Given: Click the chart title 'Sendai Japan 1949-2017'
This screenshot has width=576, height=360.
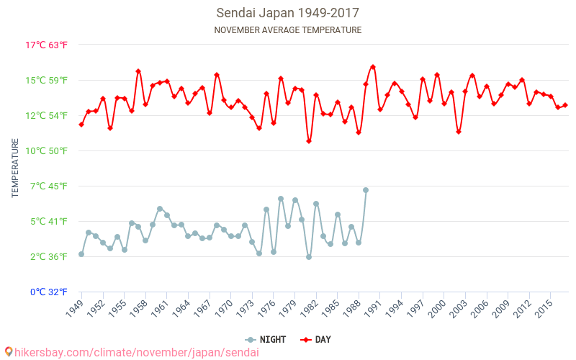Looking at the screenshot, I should [287, 13].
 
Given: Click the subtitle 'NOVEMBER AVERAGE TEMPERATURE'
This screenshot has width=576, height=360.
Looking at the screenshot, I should [287, 30].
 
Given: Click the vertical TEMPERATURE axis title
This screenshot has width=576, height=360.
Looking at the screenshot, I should [15, 168].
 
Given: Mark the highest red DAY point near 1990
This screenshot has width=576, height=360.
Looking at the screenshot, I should [373, 67].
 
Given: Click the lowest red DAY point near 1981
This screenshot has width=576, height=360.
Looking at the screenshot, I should [309, 141].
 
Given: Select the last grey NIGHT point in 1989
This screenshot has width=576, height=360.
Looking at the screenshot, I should [366, 190].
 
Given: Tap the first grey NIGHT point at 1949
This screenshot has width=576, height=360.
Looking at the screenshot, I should [81, 254].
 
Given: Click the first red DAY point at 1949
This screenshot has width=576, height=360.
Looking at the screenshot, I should [81, 125].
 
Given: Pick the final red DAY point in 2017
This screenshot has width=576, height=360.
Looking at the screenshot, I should [565, 105].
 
